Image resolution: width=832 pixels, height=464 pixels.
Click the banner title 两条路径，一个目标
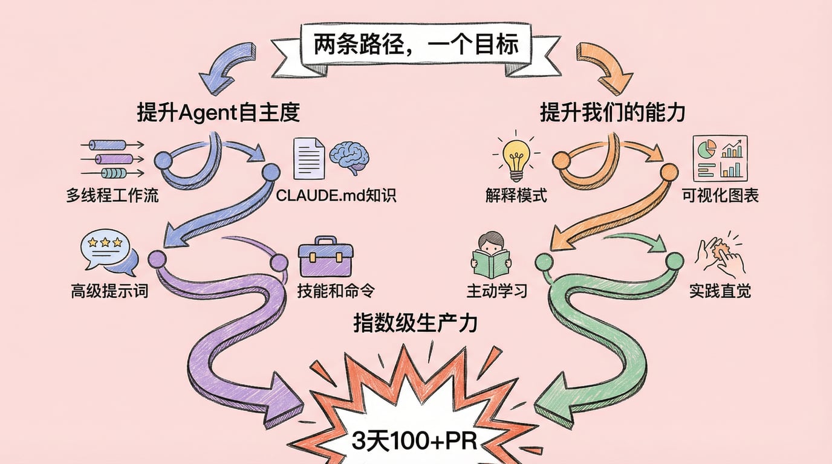tap(416, 44)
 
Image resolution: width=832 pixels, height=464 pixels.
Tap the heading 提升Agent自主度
tap(218, 112)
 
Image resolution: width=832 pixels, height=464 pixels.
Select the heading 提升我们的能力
tap(612, 112)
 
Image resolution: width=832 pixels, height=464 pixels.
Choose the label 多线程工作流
tap(112, 196)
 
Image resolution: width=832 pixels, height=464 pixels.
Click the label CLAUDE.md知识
tap(336, 196)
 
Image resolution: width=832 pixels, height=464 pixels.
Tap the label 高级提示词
tap(109, 291)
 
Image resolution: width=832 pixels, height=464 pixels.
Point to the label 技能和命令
tap(336, 291)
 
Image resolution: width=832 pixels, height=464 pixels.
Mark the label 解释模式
tap(516, 196)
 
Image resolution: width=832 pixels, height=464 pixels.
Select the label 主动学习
tap(496, 291)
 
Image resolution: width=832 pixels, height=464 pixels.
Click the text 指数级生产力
tap(415, 323)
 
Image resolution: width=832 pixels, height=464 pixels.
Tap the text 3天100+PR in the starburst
tap(415, 441)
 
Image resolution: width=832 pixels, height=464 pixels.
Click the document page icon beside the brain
tap(309, 158)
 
